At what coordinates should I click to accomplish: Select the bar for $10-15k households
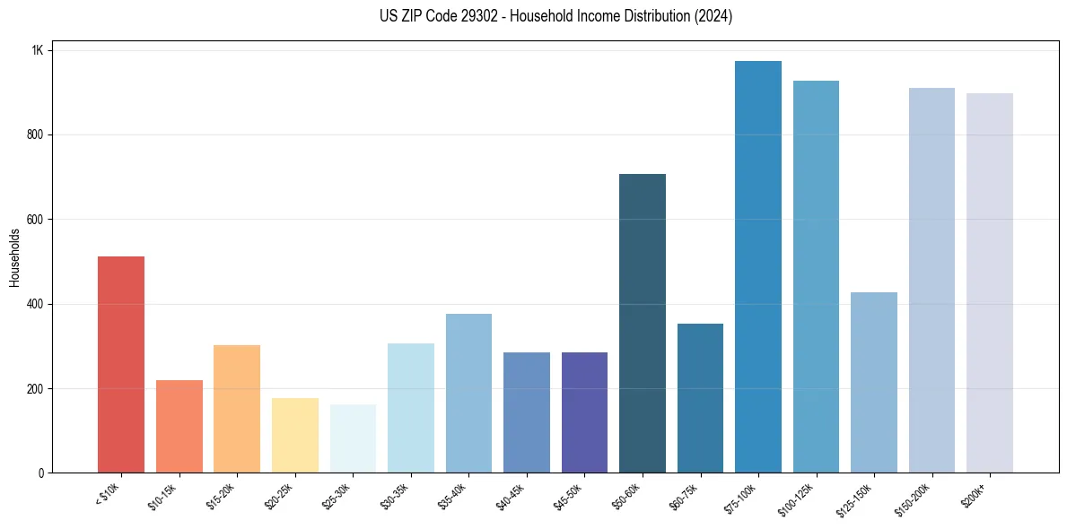coord(179,426)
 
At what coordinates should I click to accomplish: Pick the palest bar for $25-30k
coord(353,438)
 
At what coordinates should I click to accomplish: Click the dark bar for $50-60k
coord(643,323)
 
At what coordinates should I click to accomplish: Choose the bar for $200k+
coord(990,282)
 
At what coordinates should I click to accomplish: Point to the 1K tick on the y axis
coord(38,50)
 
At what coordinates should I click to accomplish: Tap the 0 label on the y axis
coord(40,473)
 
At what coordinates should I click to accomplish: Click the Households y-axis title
coord(14,257)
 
